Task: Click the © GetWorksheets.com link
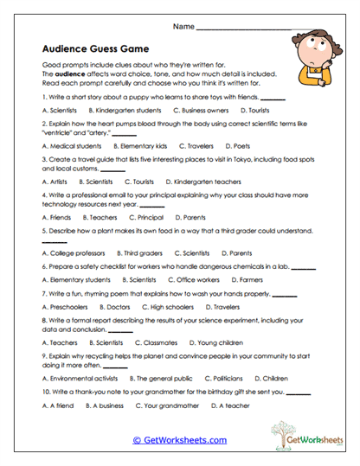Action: pos(179,439)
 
